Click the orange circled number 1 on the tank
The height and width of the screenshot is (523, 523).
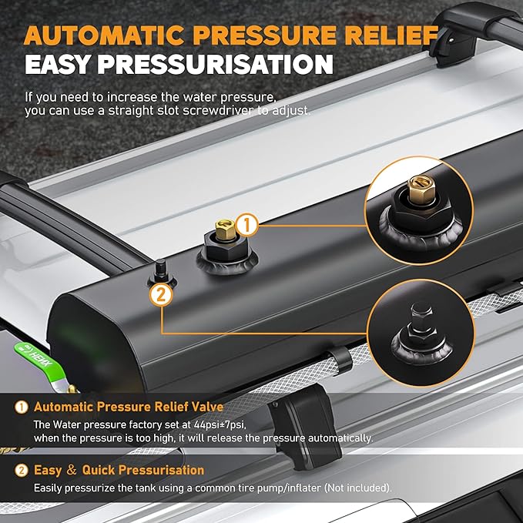click(246, 225)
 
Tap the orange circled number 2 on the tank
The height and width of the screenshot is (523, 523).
click(161, 295)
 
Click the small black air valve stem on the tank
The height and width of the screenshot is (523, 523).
click(161, 271)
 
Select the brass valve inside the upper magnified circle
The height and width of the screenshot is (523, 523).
click(421, 189)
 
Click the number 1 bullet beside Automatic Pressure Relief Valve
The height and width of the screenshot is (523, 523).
click(22, 407)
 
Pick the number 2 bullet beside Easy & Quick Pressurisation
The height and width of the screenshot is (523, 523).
click(22, 471)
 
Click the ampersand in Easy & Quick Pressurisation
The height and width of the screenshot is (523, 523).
click(72, 470)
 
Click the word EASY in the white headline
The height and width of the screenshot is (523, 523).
click(58, 64)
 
